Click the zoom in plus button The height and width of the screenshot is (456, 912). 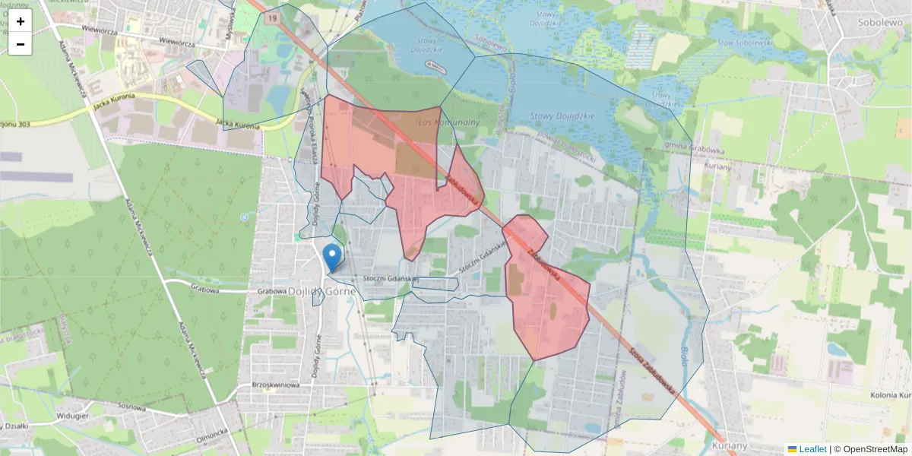tap(21, 21)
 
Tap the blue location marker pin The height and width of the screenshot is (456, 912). tap(331, 257)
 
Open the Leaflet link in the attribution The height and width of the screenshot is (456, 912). tap(812, 449)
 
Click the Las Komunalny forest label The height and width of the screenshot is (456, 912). tap(448, 122)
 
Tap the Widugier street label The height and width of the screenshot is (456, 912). tap(72, 416)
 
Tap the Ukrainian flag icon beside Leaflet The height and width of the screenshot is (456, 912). tap(792, 449)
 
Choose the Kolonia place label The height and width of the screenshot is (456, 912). tap(891, 395)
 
